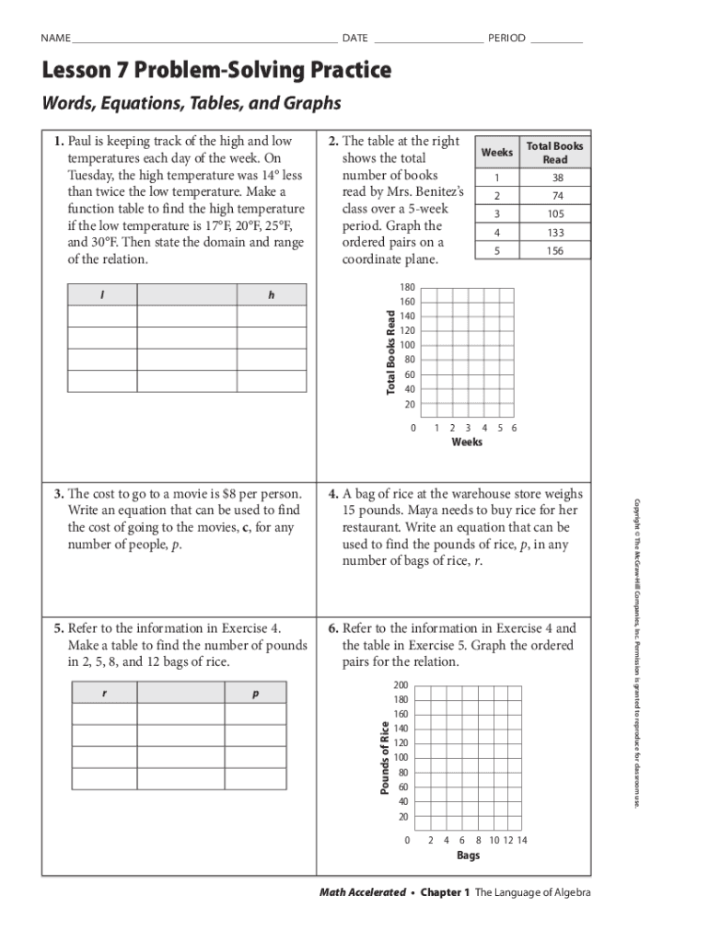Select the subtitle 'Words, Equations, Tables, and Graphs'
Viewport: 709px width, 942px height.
click(x=192, y=103)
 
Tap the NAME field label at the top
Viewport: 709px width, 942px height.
click(x=55, y=39)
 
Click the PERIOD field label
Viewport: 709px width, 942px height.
click(x=506, y=39)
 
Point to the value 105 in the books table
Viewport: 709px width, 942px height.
click(x=554, y=214)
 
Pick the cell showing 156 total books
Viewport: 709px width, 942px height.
click(x=554, y=251)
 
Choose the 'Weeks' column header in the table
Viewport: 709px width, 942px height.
click(x=497, y=153)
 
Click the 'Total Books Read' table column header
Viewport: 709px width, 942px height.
click(x=554, y=153)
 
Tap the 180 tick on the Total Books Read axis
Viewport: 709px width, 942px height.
click(x=408, y=288)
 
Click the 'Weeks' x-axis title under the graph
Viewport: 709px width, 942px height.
click(x=467, y=442)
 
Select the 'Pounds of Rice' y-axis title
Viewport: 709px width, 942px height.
click(x=386, y=758)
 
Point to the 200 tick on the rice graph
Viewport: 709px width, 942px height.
click(x=401, y=686)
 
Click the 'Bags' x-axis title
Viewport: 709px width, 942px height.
click(x=468, y=856)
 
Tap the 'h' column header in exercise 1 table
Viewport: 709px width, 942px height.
click(x=272, y=295)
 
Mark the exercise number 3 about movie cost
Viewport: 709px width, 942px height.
click(x=58, y=494)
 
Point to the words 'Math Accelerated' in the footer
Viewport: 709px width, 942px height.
click(x=362, y=893)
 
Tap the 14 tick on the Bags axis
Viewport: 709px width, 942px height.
click(x=522, y=840)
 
